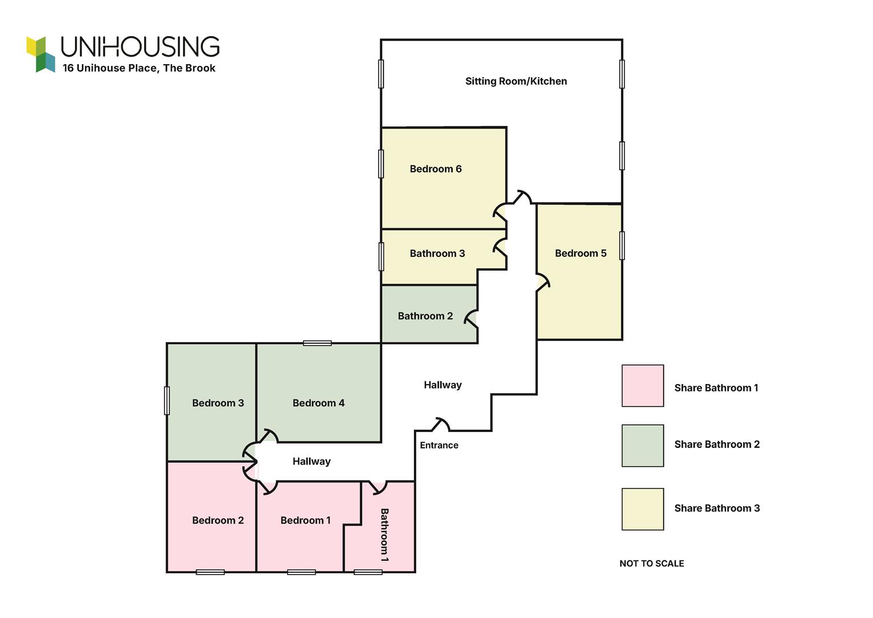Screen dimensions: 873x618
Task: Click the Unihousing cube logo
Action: [41, 54]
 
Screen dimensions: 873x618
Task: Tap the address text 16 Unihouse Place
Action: [110, 68]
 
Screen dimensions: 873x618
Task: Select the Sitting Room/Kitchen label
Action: [516, 81]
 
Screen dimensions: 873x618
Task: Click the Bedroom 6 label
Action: [435, 169]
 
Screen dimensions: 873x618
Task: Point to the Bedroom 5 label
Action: [581, 253]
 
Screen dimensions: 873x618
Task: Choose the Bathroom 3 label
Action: [437, 253]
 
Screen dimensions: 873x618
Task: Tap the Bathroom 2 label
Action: [425, 316]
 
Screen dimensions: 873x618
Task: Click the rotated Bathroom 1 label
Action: [384, 535]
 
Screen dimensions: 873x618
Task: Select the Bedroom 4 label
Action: [318, 403]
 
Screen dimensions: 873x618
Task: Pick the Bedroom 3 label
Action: [218, 403]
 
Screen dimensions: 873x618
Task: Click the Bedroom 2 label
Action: [218, 521]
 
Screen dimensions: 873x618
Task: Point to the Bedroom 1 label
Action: [305, 521]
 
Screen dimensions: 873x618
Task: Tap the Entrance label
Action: [439, 445]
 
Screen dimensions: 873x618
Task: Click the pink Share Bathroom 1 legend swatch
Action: [643, 386]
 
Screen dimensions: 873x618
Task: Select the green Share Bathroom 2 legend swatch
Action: [643, 446]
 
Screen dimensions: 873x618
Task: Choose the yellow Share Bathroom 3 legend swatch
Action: [643, 509]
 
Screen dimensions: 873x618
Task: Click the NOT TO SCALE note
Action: [652, 564]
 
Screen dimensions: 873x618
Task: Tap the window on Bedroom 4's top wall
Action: [317, 343]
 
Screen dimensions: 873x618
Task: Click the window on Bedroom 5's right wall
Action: [622, 245]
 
